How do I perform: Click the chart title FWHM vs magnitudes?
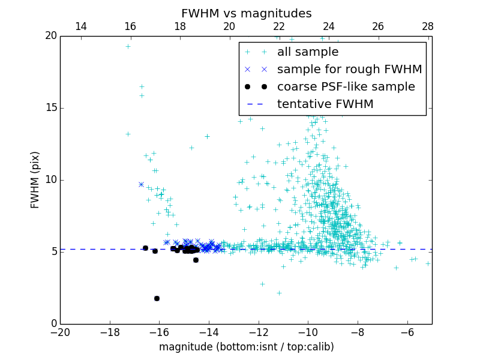(246, 13)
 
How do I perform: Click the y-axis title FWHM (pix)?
(35, 179)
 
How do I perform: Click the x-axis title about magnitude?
(246, 347)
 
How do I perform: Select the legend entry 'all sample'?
(307, 52)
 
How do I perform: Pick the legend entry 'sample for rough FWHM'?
(349, 70)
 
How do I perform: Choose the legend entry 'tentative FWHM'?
(325, 104)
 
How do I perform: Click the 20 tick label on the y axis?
(50, 36)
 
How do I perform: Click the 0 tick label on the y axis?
(53, 324)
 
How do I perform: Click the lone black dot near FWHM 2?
(157, 298)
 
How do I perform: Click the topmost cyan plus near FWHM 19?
(128, 46)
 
